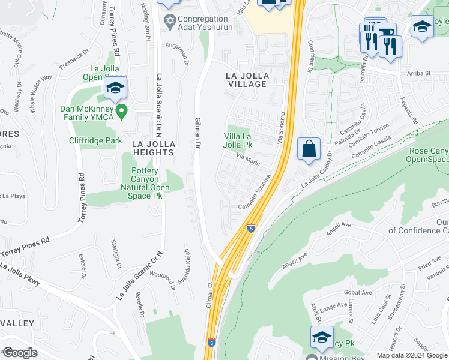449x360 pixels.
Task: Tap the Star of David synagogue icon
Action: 169,22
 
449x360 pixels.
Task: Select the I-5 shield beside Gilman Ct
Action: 211,342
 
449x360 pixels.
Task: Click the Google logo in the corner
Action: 20,353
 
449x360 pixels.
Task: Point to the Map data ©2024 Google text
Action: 412,355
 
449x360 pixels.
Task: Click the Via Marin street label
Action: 248,161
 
